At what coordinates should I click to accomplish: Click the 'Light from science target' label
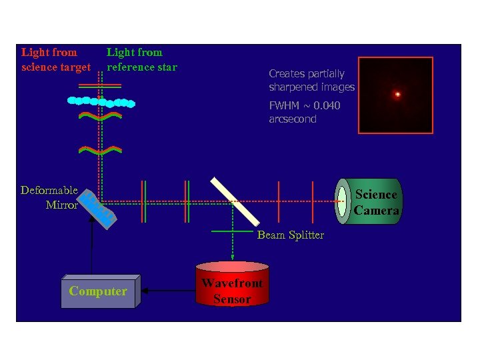point(56,59)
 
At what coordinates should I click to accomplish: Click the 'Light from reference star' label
point(141,59)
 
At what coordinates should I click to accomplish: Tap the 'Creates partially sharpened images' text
point(311,81)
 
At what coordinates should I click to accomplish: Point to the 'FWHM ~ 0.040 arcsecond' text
point(304,112)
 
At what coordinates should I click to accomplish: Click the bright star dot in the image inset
point(397,95)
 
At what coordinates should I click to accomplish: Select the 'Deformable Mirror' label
point(50,198)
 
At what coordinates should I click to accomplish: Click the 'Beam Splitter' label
point(291,235)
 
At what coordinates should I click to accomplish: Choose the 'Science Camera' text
point(376,203)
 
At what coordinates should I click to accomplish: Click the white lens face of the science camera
point(343,201)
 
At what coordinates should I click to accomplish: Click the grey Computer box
point(99,292)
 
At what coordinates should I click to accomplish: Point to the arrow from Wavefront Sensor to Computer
point(168,290)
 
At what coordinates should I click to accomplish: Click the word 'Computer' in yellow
point(98,291)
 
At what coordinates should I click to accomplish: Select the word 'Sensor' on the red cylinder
point(232,299)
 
